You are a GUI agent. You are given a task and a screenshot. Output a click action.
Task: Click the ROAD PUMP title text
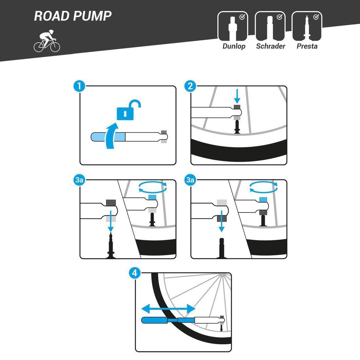(x=73, y=16)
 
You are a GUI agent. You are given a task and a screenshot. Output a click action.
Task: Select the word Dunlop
(x=234, y=46)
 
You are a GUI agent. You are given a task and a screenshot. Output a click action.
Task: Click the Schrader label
(x=270, y=46)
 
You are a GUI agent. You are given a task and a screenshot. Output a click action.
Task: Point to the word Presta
(x=307, y=46)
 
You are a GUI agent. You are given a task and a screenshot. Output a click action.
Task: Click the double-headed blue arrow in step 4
(x=168, y=308)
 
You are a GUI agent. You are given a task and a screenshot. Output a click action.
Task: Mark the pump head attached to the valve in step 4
(x=222, y=319)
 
